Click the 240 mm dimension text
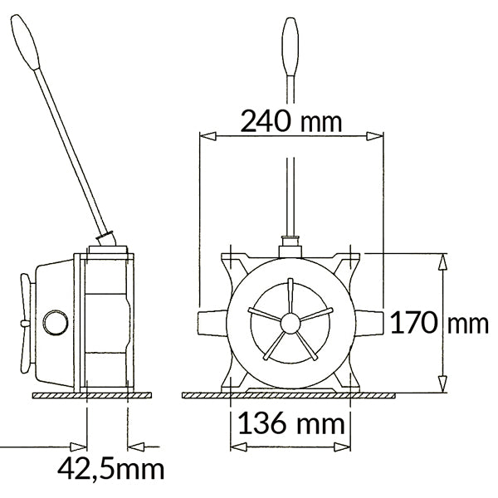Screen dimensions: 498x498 pos(290,121)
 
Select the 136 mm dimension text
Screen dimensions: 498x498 pos(290,424)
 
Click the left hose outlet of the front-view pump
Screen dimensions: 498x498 pos(214,323)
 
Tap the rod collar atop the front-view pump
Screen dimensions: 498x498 pos(290,244)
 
